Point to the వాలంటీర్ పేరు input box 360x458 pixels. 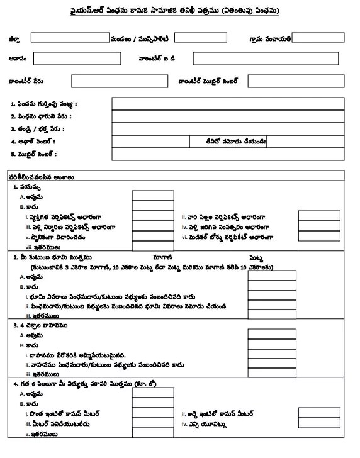[110, 81]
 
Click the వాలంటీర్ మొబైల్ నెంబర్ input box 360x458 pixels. [296, 81]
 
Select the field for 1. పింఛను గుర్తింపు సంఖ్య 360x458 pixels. [228, 104]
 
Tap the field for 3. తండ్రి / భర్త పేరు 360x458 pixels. [228, 129]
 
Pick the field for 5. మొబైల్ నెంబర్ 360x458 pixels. [228, 154]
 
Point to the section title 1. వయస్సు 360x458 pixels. [28, 187]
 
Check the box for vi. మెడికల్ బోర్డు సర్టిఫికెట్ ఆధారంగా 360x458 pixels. [319, 237]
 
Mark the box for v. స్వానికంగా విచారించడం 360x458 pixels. [153, 237]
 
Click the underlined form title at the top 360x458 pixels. [179, 11]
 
